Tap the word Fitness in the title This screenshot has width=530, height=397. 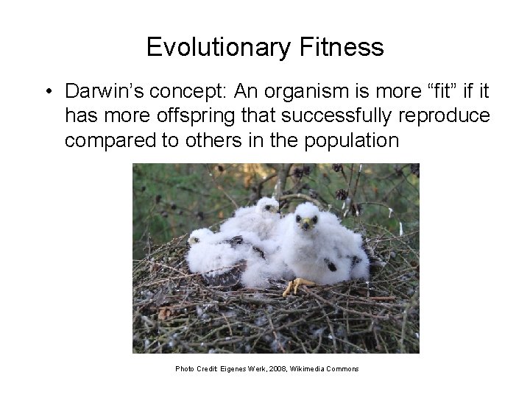[343, 47]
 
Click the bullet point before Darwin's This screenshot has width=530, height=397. [46, 93]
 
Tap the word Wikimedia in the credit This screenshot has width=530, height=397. [315, 368]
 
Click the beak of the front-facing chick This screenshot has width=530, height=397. [304, 222]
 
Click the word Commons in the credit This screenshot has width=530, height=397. [345, 368]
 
